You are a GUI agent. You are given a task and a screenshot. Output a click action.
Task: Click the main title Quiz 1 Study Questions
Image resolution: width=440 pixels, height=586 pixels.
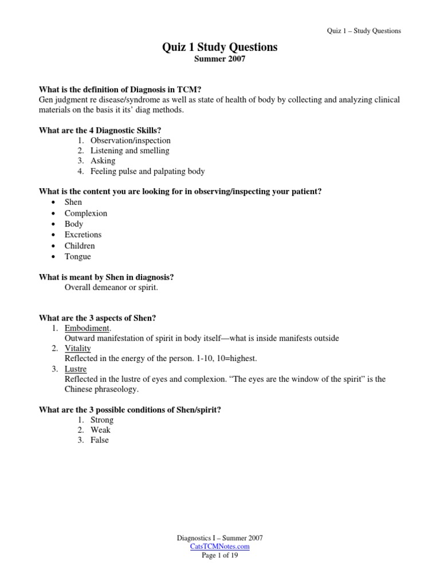220,47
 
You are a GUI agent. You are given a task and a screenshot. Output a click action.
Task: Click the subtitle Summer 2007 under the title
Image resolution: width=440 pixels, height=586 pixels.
220,59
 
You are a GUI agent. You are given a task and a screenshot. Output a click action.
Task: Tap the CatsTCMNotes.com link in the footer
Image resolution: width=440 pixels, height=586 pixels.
220,547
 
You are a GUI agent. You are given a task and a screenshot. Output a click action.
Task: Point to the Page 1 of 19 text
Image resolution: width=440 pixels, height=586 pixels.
220,555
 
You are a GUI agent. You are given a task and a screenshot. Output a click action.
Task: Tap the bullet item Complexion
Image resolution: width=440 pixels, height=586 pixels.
86,213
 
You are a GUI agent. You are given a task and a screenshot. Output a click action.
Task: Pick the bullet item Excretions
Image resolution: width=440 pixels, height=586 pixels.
83,235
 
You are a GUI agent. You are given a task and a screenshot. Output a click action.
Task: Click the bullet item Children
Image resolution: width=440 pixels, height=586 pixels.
80,246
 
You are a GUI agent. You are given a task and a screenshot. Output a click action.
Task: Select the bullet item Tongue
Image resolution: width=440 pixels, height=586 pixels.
78,256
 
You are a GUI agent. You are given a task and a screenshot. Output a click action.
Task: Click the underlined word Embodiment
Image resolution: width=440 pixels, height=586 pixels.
88,328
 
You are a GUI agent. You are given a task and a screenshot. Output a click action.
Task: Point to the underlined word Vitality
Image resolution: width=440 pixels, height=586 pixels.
78,349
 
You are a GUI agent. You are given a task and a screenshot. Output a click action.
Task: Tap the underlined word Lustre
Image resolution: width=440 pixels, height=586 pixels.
76,369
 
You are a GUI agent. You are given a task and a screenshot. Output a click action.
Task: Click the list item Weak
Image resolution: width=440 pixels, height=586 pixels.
100,430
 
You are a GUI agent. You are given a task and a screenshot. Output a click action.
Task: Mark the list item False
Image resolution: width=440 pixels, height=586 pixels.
99,440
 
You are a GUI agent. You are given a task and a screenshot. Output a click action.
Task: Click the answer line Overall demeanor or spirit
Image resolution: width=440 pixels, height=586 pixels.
111,287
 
